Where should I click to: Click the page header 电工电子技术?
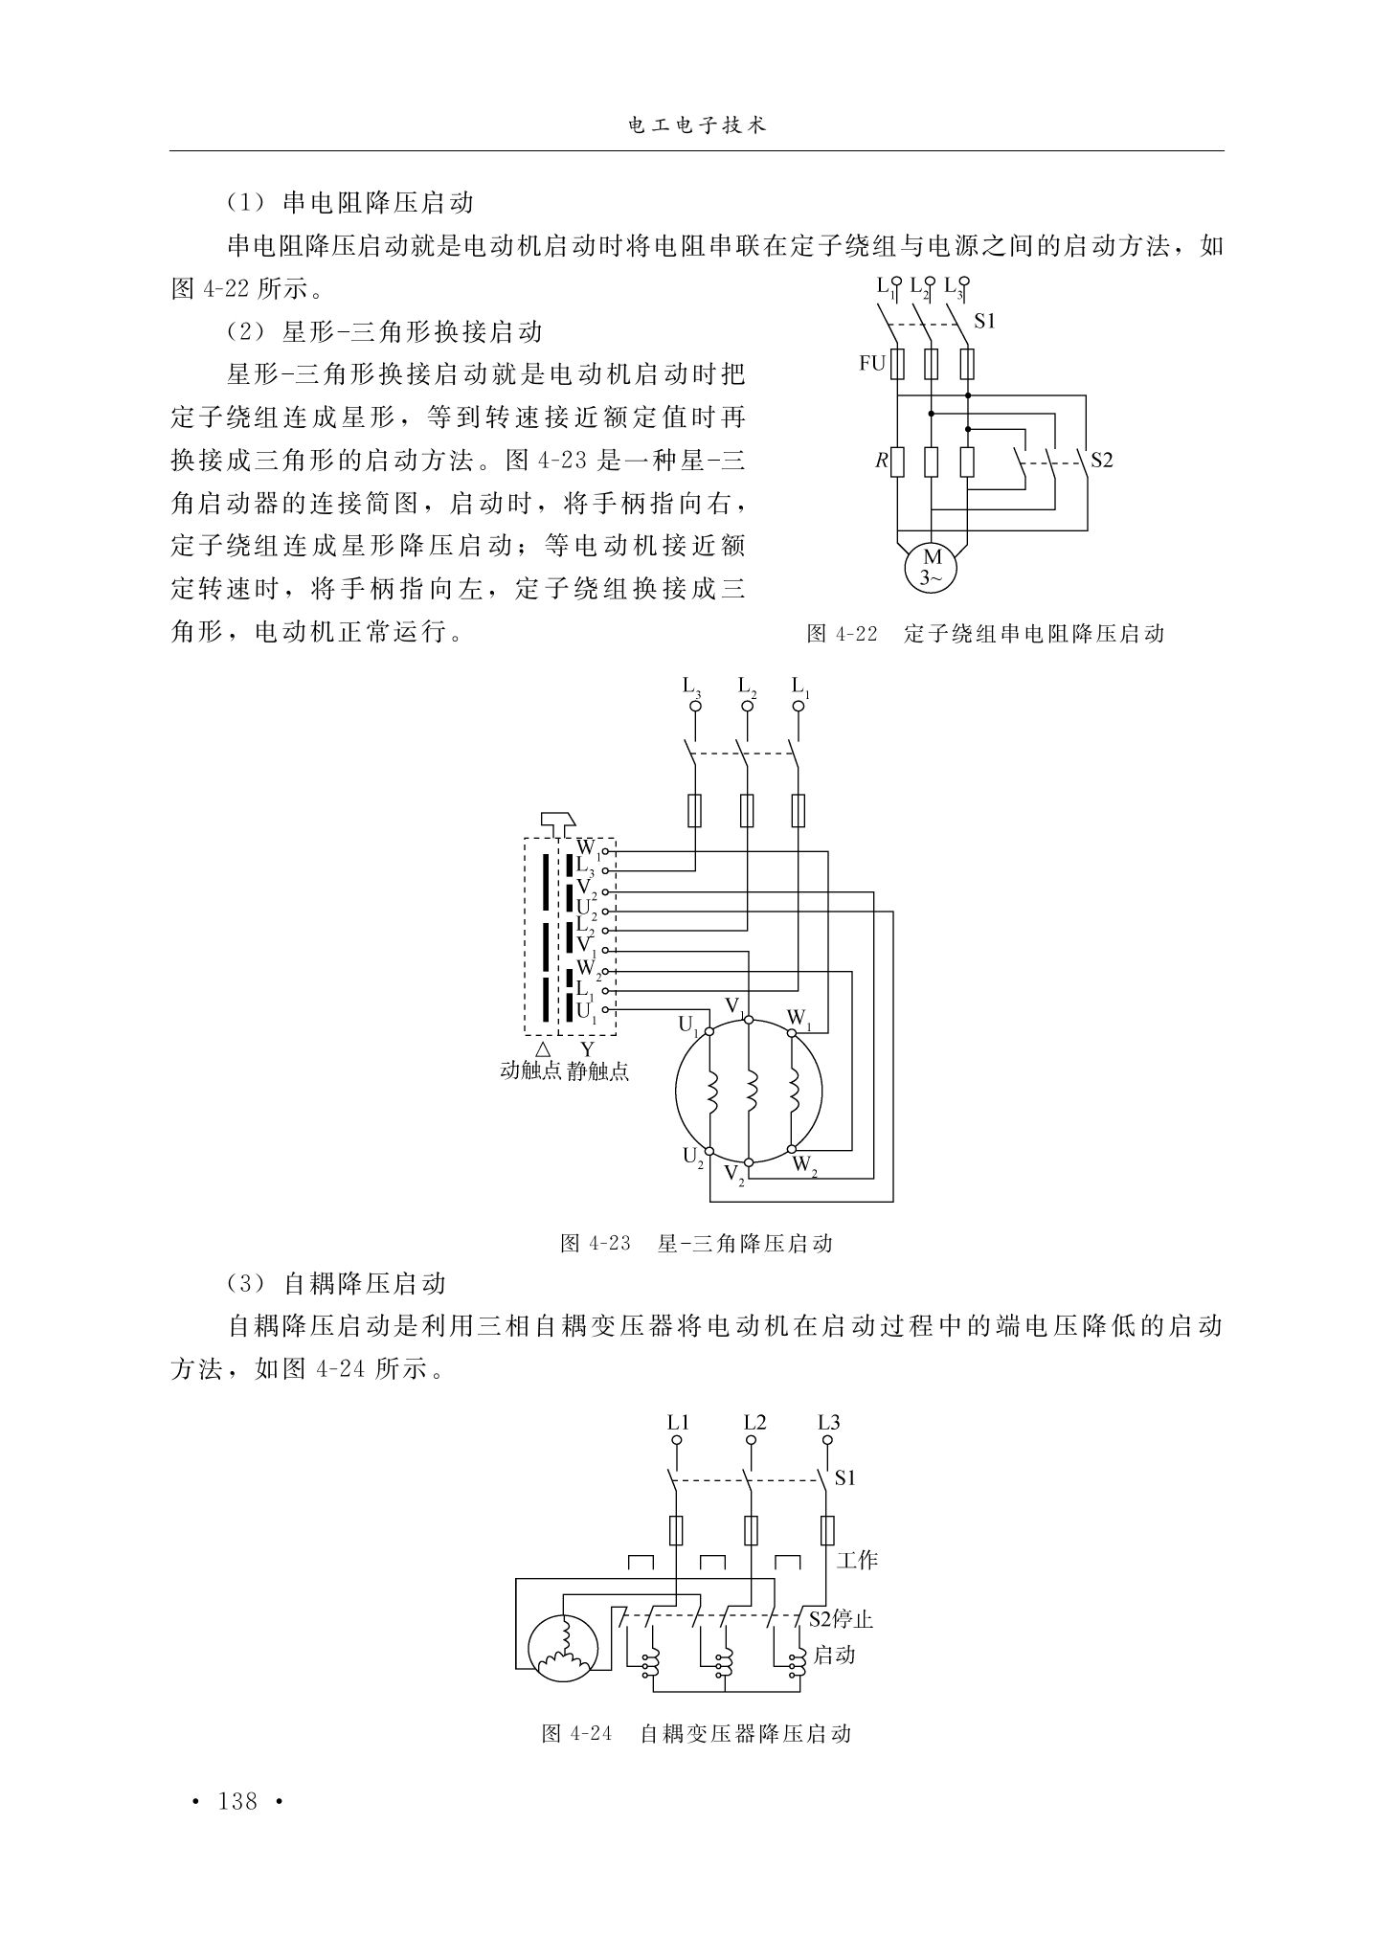(696, 125)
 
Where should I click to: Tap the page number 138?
(238, 1801)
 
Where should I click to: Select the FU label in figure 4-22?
(871, 364)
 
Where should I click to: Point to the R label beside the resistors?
(880, 462)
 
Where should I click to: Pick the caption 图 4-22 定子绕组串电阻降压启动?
(985, 633)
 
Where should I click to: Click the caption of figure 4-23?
(696, 1244)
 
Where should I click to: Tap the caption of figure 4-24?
(696, 1734)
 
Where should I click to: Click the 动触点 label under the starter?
(530, 1070)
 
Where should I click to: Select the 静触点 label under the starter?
(598, 1070)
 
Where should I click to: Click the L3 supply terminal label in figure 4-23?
(692, 687)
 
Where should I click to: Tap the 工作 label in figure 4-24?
(857, 1561)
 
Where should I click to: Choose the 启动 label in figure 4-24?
(834, 1655)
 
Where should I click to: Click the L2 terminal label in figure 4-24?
(754, 1422)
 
